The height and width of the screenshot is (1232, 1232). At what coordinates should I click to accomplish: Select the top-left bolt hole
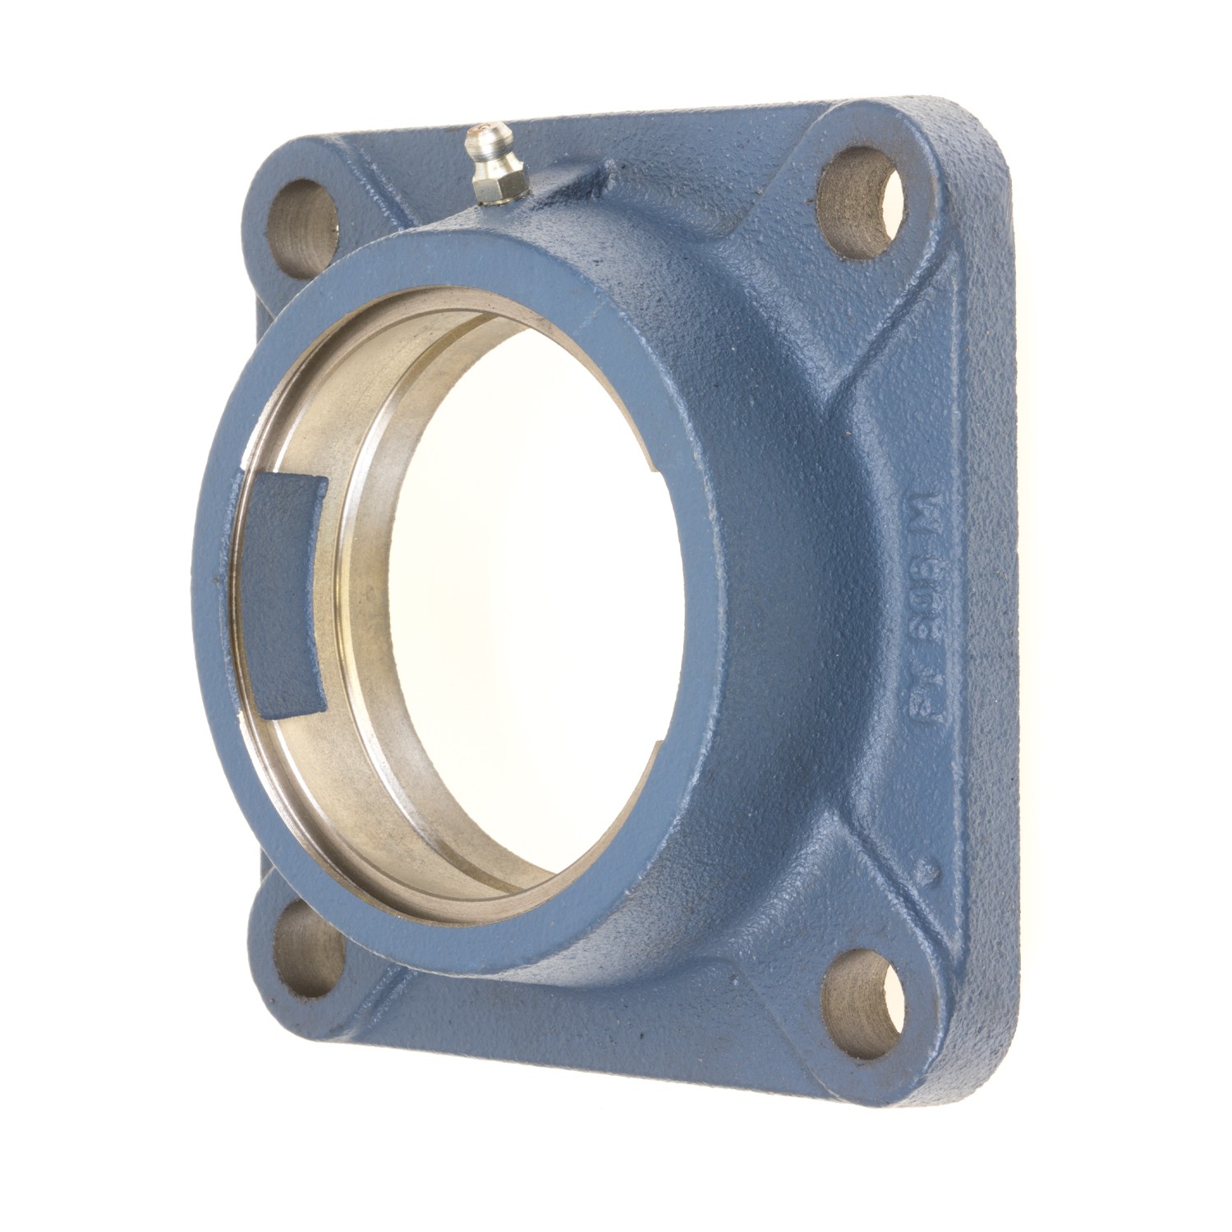pos(306,220)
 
